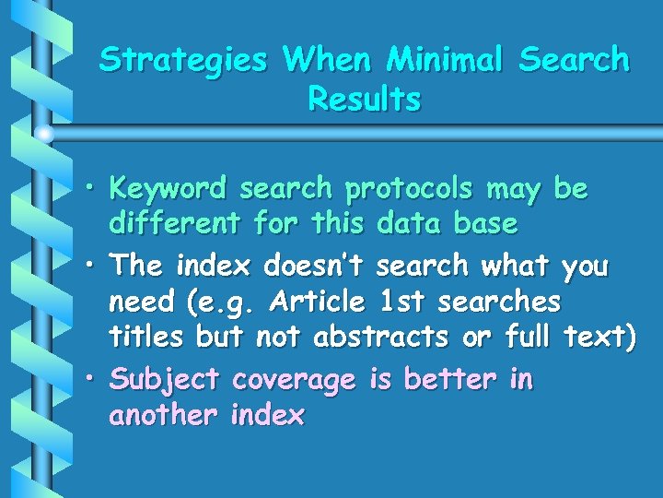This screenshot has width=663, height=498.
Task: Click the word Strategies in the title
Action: tap(182, 61)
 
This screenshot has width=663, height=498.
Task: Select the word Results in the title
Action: tap(365, 99)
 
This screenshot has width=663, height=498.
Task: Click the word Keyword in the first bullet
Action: tap(167, 189)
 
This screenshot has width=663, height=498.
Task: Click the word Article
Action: tap(318, 302)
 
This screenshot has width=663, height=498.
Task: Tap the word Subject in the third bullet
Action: tap(164, 380)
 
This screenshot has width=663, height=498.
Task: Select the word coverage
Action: tap(294, 380)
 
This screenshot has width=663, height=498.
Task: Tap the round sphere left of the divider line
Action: tap(45, 135)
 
